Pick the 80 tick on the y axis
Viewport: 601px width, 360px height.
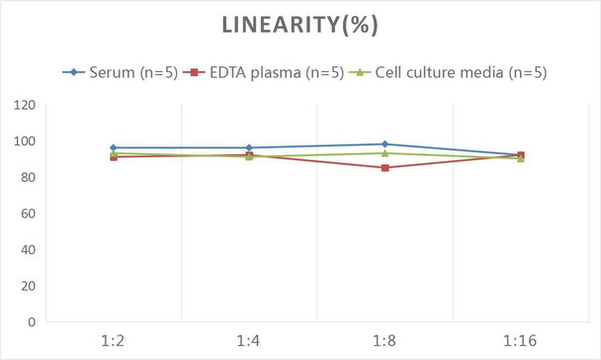[28, 177]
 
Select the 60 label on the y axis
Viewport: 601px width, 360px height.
[28, 214]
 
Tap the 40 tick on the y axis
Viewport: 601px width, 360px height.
[28, 249]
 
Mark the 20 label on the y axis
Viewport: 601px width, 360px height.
[28, 286]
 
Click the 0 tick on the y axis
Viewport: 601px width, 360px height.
[32, 321]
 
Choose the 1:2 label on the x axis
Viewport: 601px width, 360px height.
[114, 341]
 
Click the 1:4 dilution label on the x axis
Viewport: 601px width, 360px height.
[248, 341]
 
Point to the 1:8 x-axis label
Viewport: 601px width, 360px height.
[384, 341]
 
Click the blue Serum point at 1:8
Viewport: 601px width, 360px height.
[385, 144]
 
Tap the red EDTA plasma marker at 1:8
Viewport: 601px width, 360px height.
[385, 168]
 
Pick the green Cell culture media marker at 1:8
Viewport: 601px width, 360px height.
[385, 153]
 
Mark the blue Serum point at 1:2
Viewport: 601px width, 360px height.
[114, 147]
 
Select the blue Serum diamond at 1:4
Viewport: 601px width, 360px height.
[249, 147]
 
